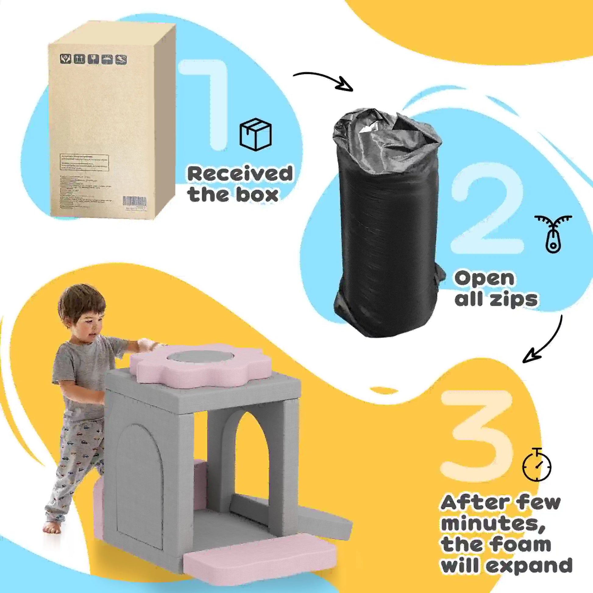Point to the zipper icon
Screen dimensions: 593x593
(x=553, y=234)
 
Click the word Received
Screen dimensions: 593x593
(x=240, y=174)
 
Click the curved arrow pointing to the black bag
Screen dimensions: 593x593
(x=324, y=80)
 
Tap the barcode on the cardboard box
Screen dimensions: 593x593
(x=135, y=201)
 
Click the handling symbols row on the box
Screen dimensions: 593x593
(x=93, y=59)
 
